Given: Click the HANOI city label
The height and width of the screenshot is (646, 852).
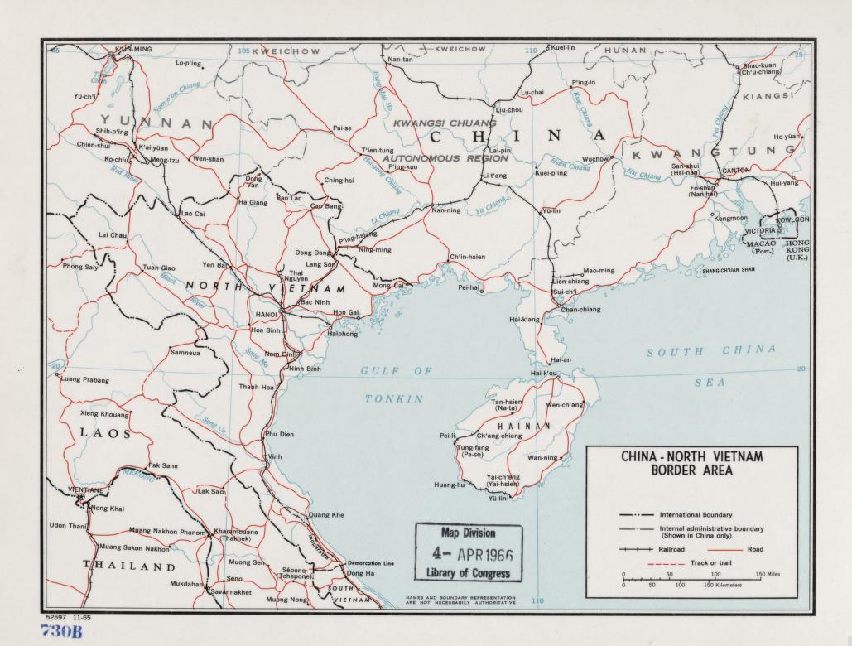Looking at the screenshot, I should click(267, 315).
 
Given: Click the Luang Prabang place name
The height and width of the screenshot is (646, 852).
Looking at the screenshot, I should click(85, 380).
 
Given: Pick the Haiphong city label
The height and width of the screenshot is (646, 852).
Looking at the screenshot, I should click(342, 334).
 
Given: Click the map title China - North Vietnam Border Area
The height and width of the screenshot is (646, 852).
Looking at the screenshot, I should click(691, 464).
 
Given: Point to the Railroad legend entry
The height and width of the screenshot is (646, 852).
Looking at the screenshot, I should click(676, 549).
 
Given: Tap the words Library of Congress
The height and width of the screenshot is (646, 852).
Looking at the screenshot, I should click(468, 573).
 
